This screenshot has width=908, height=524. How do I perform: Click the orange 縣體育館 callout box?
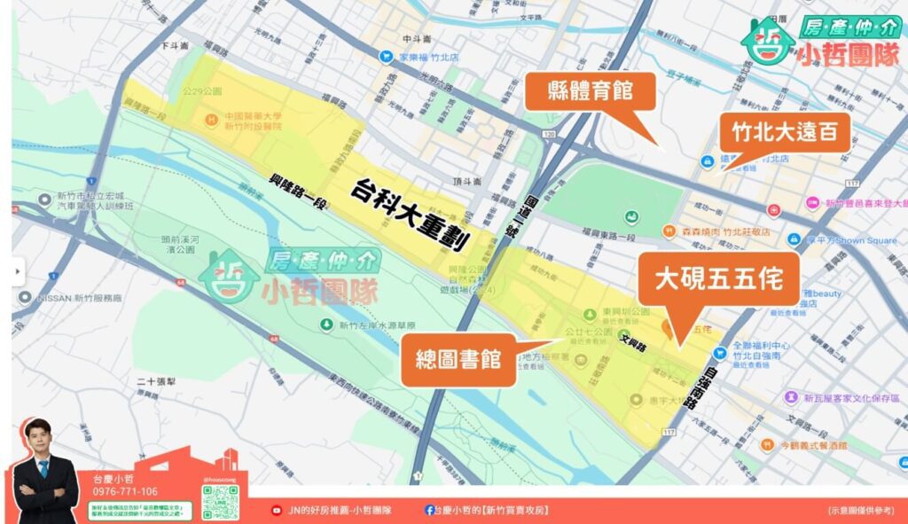[589, 91]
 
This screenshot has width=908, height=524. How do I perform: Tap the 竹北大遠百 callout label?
[784, 132]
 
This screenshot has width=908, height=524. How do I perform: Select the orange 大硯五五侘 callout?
[718, 279]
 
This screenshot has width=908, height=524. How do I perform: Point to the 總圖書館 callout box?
[458, 359]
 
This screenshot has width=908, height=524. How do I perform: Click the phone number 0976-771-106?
[125, 491]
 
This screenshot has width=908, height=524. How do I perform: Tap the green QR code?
[220, 503]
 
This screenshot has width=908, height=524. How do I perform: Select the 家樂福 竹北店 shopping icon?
[386, 56]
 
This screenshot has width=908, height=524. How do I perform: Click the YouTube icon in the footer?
[277, 510]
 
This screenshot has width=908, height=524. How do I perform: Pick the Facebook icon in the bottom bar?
[429, 510]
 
